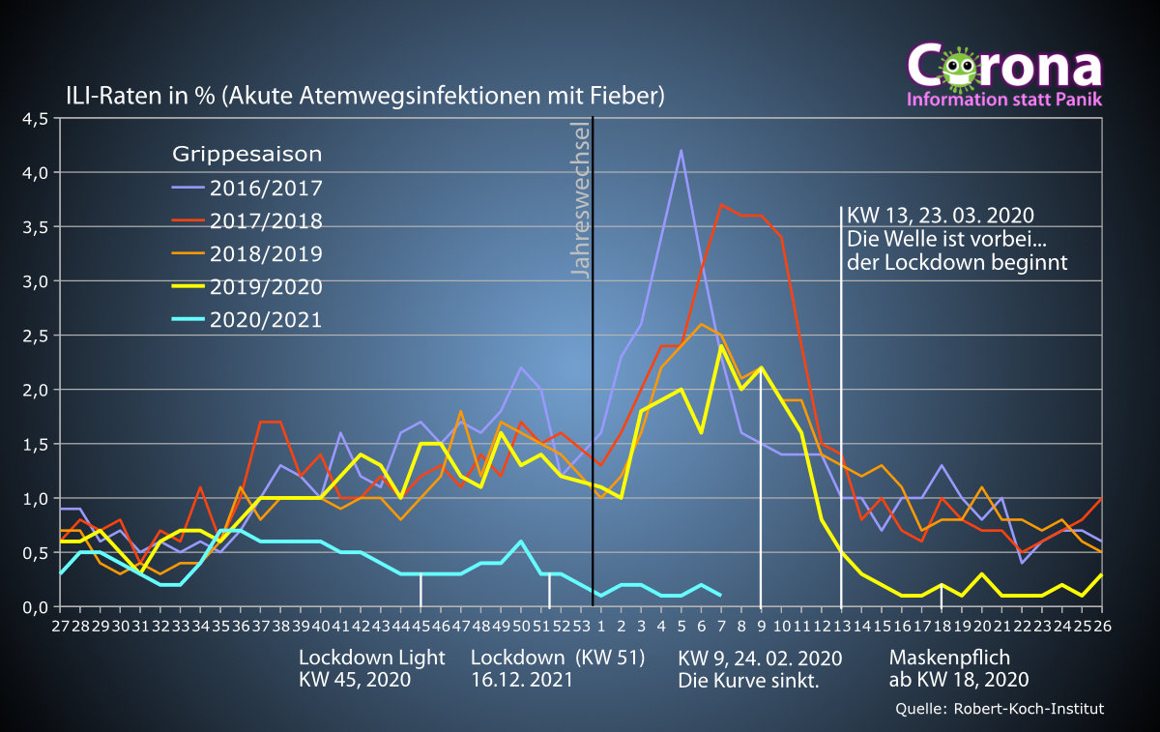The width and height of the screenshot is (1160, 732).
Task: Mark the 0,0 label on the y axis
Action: [x=35, y=607]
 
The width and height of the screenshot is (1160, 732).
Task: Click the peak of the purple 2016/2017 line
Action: [x=681, y=151]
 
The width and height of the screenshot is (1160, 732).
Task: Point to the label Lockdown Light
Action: [x=372, y=658]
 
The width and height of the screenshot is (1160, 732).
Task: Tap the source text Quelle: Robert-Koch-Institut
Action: [x=1000, y=710]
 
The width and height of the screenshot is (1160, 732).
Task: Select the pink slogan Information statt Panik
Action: [x=1002, y=100]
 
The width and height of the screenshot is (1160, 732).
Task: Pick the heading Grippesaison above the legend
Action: [x=247, y=155]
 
